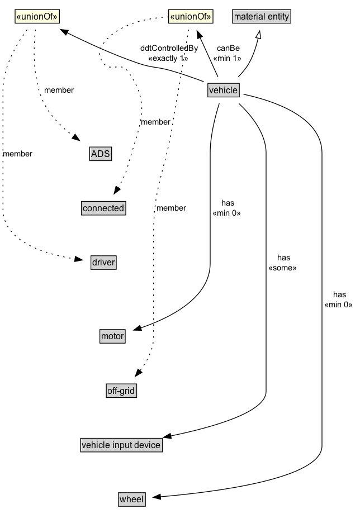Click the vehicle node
[x=223, y=90]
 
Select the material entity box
[x=262, y=16]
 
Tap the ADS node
[x=101, y=153]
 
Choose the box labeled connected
[x=103, y=208]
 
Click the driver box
[x=103, y=262]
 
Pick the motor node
[x=112, y=336]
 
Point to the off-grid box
[x=121, y=391]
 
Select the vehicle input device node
[x=121, y=445]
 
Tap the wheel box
[x=132, y=499]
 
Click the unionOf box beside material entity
[x=191, y=16]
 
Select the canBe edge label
[x=228, y=48]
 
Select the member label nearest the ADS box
[x=59, y=89]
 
